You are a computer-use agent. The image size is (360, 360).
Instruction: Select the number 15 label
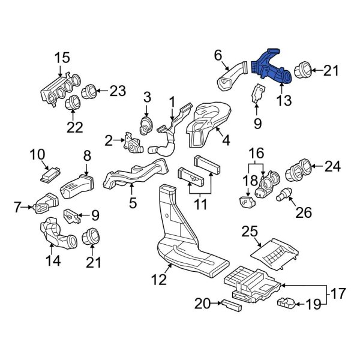pos(62,58)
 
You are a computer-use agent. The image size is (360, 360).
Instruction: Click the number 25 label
pos(250,231)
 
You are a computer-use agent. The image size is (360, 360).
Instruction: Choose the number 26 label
pos(304,212)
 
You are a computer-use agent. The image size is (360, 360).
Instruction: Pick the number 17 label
pos(338,294)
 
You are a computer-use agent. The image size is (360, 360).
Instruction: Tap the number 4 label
pos(226,141)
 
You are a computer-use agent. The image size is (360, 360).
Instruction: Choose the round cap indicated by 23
pos(90,92)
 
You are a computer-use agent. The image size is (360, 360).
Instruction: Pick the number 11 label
pos(200,205)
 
